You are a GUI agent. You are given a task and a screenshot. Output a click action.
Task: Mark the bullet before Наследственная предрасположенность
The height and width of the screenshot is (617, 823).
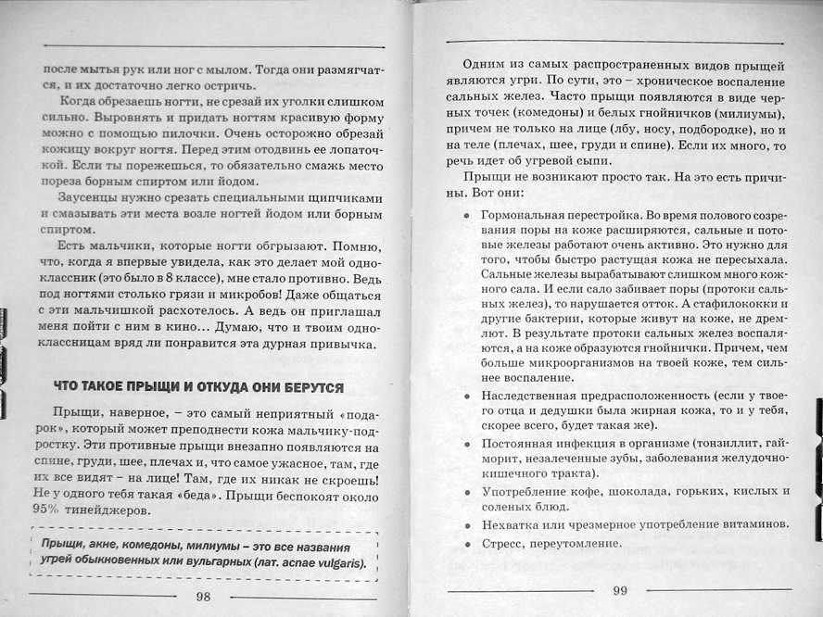click(x=466, y=395)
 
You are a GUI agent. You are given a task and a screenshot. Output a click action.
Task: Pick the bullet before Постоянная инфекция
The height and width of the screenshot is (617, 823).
click(x=466, y=442)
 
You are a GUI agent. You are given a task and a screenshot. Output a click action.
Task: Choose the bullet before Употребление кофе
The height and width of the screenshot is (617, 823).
click(x=466, y=490)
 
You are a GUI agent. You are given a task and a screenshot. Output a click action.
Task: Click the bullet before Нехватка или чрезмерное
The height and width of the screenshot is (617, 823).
click(x=466, y=523)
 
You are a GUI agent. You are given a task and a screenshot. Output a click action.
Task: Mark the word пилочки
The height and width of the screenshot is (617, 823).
click(x=154, y=134)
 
